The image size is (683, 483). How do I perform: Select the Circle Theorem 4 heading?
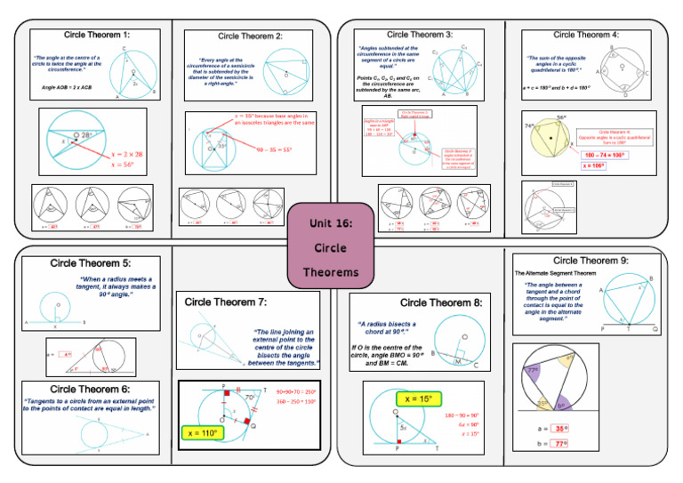[x=586, y=35]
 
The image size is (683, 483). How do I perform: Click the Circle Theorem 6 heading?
[x=90, y=389]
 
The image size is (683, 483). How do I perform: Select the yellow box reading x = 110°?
[x=205, y=432]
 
